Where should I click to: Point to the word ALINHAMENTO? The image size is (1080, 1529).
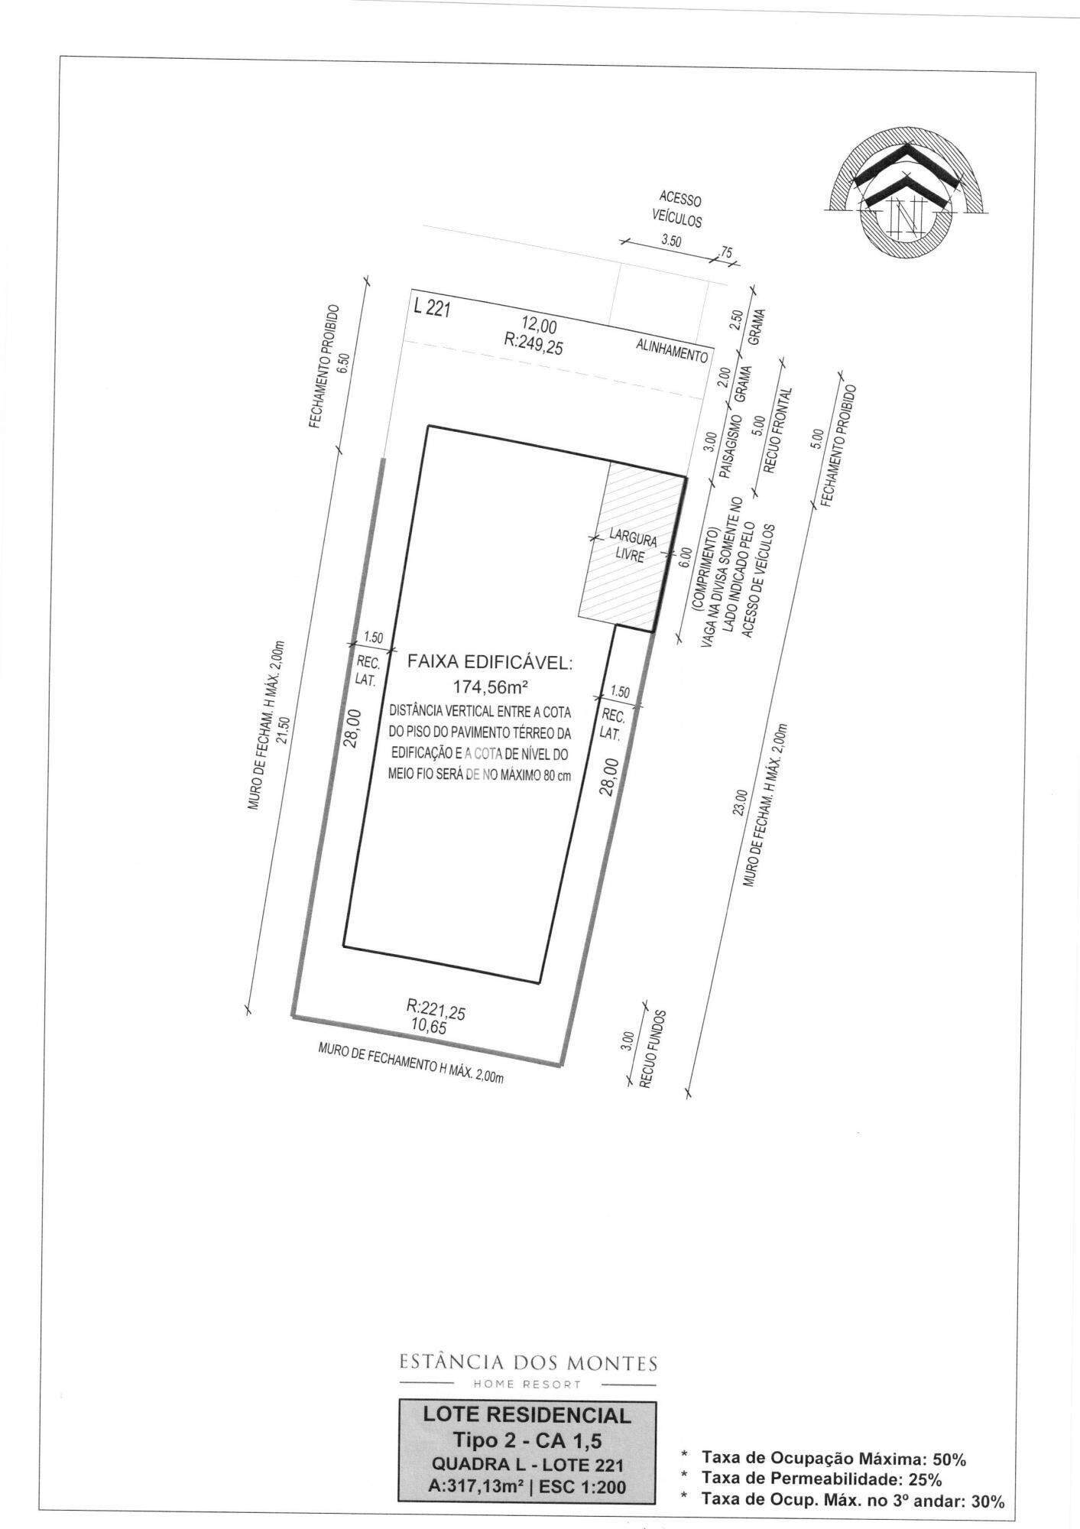coord(672,351)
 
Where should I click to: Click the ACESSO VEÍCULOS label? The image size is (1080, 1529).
coord(676,209)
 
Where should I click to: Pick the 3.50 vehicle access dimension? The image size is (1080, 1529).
coord(670,240)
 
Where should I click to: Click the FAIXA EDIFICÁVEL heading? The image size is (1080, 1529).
coord(490,662)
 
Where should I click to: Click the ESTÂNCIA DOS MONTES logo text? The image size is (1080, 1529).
coord(528,1362)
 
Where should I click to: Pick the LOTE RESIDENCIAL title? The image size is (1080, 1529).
coord(527,1416)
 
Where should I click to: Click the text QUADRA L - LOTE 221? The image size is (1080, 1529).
coord(527,1465)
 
